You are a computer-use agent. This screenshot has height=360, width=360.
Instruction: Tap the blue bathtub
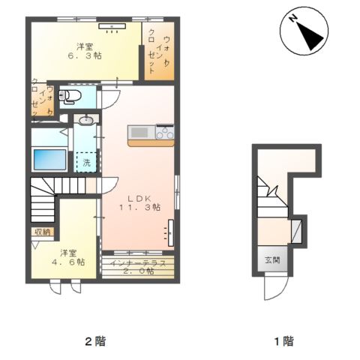(49, 160)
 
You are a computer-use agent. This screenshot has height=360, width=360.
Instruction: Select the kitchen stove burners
(165, 131)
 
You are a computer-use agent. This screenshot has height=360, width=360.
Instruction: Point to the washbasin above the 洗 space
(86, 120)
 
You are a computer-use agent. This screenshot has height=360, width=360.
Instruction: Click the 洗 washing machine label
(86, 163)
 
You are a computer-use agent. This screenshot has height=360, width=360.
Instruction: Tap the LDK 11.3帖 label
(139, 203)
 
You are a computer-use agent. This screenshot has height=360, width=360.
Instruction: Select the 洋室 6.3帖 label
(85, 51)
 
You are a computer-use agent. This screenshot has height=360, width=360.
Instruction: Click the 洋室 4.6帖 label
(68, 257)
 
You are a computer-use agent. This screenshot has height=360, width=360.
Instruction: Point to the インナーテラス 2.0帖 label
(139, 267)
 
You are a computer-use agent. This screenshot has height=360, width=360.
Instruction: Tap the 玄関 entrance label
(272, 260)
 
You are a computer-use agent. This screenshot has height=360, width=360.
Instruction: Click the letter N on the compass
(292, 19)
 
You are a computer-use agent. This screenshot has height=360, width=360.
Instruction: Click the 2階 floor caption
(95, 341)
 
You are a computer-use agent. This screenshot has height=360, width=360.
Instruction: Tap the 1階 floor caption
(284, 341)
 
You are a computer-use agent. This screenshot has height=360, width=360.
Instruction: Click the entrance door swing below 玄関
(276, 287)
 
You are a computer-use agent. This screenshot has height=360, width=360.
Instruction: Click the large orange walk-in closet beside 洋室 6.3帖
(159, 51)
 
